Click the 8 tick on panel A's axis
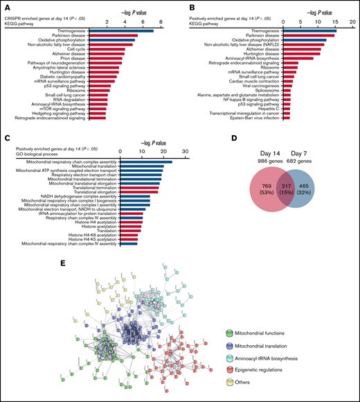tap(161, 23)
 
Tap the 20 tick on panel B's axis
tap(351, 23)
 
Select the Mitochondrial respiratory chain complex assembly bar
tap(146, 161)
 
